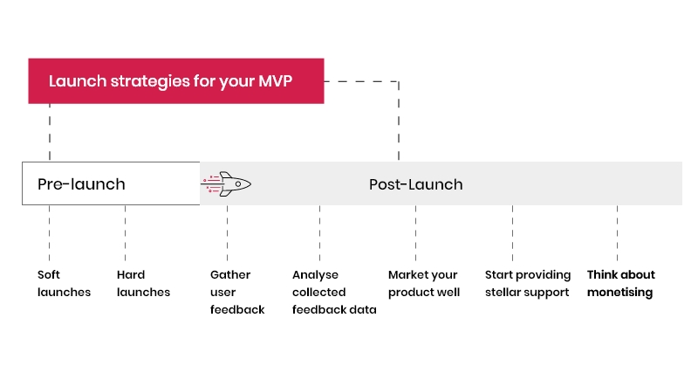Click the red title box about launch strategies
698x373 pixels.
pyautogui.click(x=175, y=81)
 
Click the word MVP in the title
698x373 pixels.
pyautogui.click(x=275, y=81)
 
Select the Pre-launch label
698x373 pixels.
pyautogui.click(x=81, y=184)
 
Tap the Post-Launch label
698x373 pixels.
pyautogui.click(x=415, y=184)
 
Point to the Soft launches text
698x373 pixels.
pyautogui.click(x=64, y=283)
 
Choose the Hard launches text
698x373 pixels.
pyautogui.click(x=143, y=283)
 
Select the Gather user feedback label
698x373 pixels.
pyautogui.click(x=236, y=292)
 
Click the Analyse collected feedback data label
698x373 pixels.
pyautogui.click(x=333, y=292)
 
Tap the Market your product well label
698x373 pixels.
pyautogui.click(x=423, y=283)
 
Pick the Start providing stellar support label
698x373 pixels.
pyautogui.click(x=527, y=283)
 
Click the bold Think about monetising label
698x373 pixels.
pyautogui.click(x=620, y=283)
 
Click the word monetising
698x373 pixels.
pyautogui.click(x=619, y=293)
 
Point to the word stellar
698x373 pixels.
pyautogui.click(x=506, y=293)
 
